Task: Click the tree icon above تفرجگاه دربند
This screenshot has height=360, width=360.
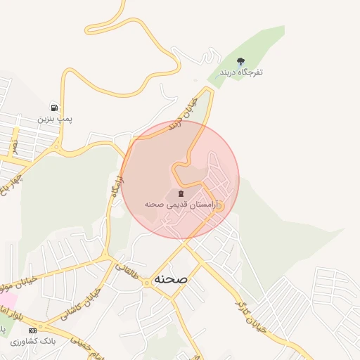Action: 241,61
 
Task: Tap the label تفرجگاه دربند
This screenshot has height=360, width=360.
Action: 241,72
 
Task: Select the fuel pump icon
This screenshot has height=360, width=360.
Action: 55,108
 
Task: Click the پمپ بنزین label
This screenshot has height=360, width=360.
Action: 55,119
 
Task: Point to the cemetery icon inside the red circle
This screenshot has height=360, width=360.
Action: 181,193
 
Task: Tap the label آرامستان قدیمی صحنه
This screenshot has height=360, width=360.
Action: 182,204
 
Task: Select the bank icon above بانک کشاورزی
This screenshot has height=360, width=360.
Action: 32,330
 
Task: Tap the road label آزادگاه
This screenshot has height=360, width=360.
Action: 116,188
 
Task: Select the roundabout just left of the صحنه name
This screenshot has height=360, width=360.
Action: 146,282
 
